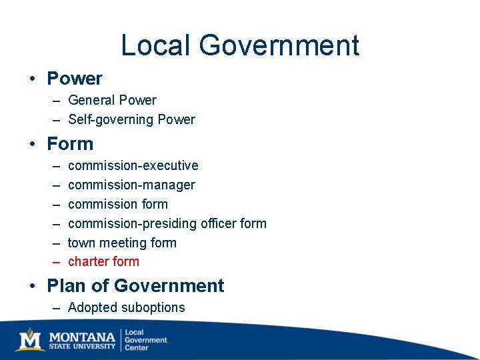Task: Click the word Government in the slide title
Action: [x=279, y=46]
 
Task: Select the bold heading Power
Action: [x=75, y=79]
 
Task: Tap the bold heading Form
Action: [x=70, y=144]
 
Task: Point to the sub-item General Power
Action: [x=112, y=101]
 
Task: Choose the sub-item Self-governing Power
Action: [x=131, y=120]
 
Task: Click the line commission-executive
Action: [x=133, y=165]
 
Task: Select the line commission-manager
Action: [x=131, y=185]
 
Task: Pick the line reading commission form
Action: [x=117, y=204]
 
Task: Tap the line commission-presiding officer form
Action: [x=167, y=223]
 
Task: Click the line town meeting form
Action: [x=122, y=243]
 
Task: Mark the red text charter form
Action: [x=103, y=261]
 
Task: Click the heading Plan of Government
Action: [x=135, y=286]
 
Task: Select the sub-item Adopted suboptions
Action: [x=126, y=307]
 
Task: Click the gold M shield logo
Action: [x=31, y=339]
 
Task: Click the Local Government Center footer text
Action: [x=145, y=340]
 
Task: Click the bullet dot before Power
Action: [x=32, y=79]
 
